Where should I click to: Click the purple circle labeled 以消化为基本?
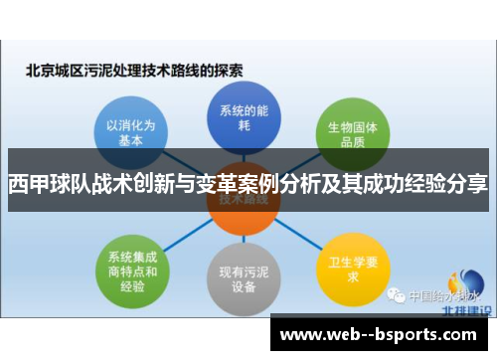[131, 133]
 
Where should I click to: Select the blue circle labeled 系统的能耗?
[239, 116]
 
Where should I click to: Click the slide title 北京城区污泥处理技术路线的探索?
[135, 71]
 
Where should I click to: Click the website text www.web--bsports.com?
[381, 332]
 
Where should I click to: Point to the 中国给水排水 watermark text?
[442, 295]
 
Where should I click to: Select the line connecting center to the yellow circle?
[294, 236]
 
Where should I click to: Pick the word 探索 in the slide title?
[230, 71]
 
